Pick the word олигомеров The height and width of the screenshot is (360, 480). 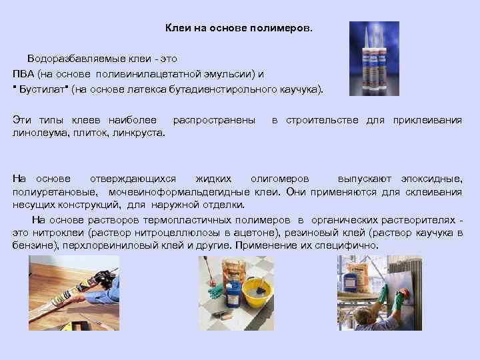(x=279, y=179)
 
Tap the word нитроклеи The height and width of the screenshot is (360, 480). (x=54, y=233)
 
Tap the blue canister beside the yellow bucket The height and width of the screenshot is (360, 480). (x=234, y=297)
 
